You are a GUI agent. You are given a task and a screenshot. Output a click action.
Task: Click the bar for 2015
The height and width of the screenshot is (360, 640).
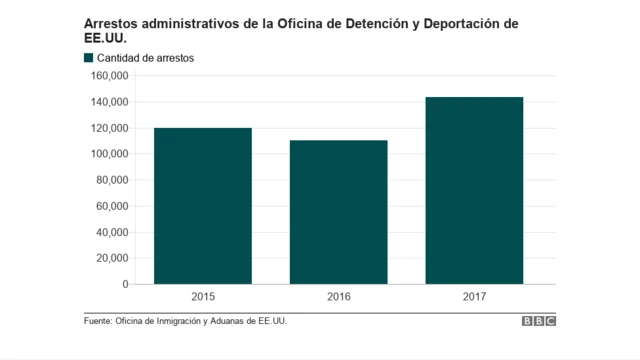[x=203, y=206]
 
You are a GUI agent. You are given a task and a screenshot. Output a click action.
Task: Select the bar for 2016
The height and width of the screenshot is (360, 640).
[x=338, y=212]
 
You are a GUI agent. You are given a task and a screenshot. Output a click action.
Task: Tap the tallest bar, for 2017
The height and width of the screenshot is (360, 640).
[x=474, y=190]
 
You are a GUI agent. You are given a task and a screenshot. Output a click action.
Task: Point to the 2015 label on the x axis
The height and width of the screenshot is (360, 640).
[x=203, y=297]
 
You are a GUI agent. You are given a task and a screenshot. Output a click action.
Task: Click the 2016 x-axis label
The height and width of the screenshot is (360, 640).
[x=338, y=297]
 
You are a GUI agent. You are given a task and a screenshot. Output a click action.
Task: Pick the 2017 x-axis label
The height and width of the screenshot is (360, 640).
[x=474, y=297]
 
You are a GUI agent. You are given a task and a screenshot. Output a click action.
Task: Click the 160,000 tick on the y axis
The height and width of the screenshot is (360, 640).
[x=107, y=76]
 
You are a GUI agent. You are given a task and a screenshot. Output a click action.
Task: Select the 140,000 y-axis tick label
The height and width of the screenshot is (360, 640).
[x=107, y=102]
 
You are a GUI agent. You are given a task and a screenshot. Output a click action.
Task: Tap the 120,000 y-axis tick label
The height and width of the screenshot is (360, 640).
[x=107, y=128]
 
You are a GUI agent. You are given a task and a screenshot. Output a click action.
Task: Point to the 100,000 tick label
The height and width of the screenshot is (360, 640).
[x=107, y=154]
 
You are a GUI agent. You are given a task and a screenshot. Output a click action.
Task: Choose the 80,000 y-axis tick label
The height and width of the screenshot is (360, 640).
[x=110, y=180]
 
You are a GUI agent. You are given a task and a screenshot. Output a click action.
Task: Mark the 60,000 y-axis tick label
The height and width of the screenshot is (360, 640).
[x=110, y=206]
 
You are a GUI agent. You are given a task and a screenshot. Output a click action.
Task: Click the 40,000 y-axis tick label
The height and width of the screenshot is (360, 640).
[x=110, y=232]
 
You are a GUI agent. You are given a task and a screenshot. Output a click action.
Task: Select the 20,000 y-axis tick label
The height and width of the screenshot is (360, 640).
[x=110, y=258]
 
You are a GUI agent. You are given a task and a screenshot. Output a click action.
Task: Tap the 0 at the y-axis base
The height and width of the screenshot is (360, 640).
[x=125, y=284]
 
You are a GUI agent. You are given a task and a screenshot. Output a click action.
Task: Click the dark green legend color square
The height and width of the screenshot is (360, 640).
[x=89, y=58]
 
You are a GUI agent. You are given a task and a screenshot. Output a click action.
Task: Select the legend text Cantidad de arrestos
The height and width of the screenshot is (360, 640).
[x=145, y=58]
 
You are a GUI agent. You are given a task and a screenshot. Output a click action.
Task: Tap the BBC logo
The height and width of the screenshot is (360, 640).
[x=538, y=321]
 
